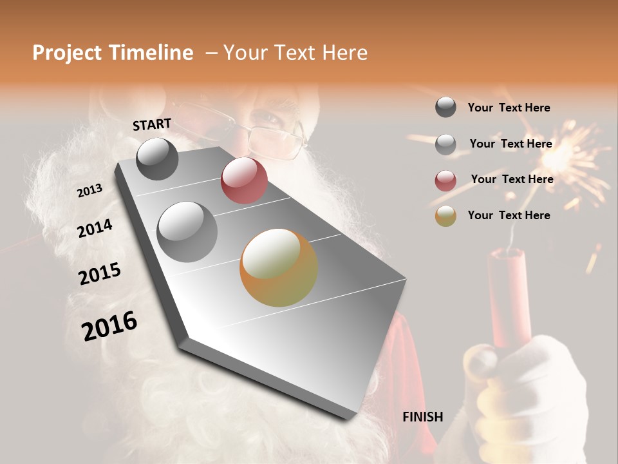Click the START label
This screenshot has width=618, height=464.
152,124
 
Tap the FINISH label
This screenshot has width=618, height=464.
422,417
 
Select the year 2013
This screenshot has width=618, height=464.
89,191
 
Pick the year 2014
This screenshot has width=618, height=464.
95,229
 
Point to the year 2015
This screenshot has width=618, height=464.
100,274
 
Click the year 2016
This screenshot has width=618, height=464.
109,325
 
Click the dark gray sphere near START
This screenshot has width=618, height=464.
157,159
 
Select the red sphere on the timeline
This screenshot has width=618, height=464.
244,180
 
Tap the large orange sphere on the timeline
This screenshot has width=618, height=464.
278,267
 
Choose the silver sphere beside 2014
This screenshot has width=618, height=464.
187,231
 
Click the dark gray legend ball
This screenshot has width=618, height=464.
445,107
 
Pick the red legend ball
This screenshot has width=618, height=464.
445,180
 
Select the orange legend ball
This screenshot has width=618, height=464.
445,216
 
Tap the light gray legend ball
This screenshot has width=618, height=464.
445,144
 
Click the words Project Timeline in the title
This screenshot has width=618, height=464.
113,53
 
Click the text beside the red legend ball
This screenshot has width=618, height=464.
512,179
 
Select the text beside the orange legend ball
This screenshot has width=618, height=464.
509,215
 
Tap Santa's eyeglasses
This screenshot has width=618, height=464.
274,137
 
